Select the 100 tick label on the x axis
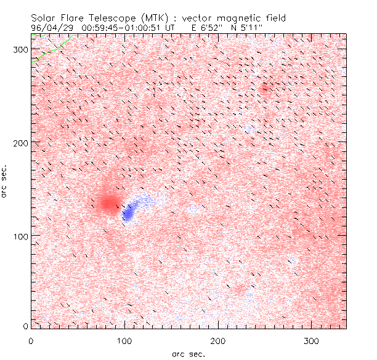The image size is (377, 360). [x=124, y=340]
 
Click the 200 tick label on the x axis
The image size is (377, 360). [x=217, y=340]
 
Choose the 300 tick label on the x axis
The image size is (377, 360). [x=311, y=340]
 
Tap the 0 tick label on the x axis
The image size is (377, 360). [x=31, y=340]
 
